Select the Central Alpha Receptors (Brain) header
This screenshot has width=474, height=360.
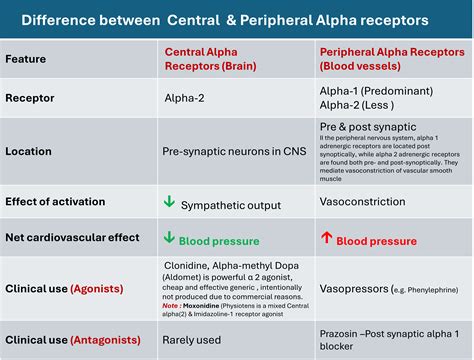click(x=206, y=59)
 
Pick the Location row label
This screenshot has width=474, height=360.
click(x=31, y=152)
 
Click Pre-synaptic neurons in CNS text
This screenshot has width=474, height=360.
click(x=231, y=152)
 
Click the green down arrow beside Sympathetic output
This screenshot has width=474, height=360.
click(x=169, y=203)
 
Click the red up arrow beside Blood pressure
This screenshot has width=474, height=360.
click(x=325, y=239)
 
